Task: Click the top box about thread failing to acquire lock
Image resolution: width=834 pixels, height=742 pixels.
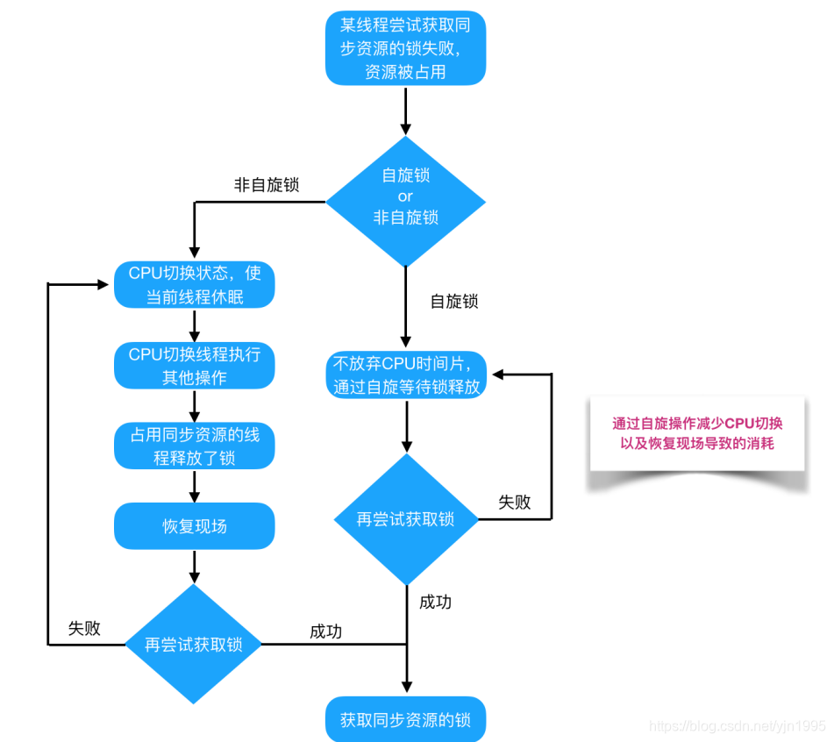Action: point(405,49)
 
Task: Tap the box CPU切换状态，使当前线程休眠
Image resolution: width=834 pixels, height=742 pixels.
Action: point(195,285)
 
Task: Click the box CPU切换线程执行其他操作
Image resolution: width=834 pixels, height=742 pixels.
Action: point(195,366)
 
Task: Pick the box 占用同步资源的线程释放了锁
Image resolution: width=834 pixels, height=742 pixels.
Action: point(195,446)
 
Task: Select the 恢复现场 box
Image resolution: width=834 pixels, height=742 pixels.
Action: point(195,526)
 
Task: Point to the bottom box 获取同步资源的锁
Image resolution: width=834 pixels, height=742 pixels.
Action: point(405,720)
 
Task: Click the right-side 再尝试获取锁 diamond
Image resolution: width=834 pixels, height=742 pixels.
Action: point(405,519)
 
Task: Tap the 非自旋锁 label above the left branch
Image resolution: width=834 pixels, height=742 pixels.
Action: point(267,185)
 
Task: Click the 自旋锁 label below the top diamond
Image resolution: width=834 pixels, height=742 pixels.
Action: point(454,301)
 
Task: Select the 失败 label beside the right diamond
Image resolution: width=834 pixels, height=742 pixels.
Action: point(515,502)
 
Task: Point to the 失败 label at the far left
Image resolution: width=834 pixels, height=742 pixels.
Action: point(84,628)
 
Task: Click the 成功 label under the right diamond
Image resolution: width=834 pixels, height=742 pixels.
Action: point(435,602)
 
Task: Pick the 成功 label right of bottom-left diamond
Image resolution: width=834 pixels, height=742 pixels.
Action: point(325,631)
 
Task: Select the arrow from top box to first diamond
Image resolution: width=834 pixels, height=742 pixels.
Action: point(405,110)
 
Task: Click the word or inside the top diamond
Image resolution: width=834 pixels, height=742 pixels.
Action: point(405,196)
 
